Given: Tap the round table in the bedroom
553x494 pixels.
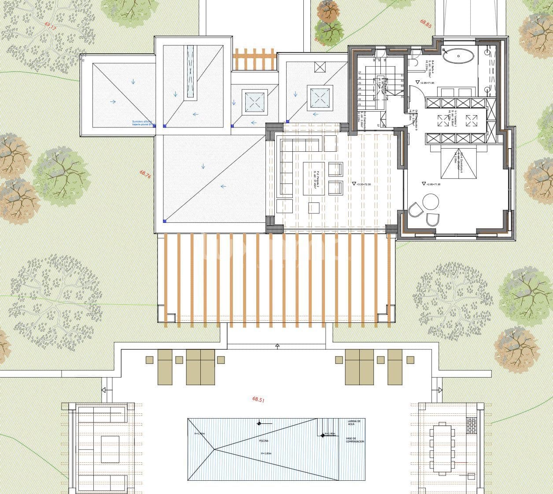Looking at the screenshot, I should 431,202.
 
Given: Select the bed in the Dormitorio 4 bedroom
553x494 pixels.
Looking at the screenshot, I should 458,164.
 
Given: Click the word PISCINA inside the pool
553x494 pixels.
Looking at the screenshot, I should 264,441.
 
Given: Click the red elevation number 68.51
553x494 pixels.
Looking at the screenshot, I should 258,399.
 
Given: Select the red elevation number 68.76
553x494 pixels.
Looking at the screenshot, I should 146,174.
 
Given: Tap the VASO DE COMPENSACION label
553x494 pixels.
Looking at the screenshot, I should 354,440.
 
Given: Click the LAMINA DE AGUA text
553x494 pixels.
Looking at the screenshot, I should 354,423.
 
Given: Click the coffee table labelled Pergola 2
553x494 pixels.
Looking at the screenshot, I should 314,178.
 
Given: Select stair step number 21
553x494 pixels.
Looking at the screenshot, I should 360,105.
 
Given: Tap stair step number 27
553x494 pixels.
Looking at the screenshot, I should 360,72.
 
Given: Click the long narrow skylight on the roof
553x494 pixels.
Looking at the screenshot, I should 190,71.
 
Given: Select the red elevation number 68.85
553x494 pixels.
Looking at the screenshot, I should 425,23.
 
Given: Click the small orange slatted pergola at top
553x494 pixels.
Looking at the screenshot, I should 254,59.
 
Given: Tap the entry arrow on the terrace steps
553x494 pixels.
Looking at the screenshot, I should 277,346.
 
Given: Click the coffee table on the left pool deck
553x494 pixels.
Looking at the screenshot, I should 110,449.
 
